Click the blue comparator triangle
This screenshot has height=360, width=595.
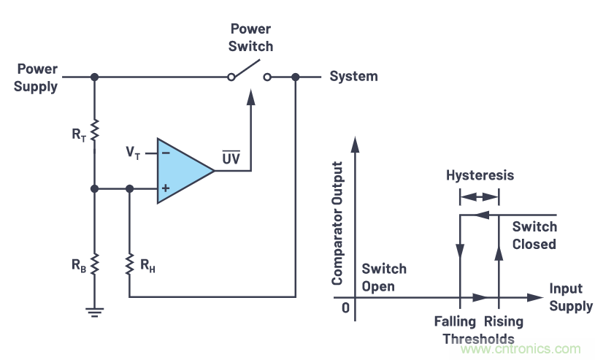coord(183,171)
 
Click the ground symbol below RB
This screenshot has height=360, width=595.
coord(94,311)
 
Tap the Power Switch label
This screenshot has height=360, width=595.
coord(251,38)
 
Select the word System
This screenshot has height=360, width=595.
coord(353,76)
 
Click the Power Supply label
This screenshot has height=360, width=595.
coord(37,77)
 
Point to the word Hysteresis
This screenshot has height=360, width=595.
coord(480,175)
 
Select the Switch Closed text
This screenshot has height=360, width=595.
coord(534,235)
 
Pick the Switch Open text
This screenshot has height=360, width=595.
coord(384,277)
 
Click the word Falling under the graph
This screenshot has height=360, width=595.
coord(455,321)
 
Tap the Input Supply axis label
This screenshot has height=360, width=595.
coord(570,297)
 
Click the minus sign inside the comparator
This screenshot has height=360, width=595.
coord(166,153)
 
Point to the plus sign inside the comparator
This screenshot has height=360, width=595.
coord(166,188)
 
